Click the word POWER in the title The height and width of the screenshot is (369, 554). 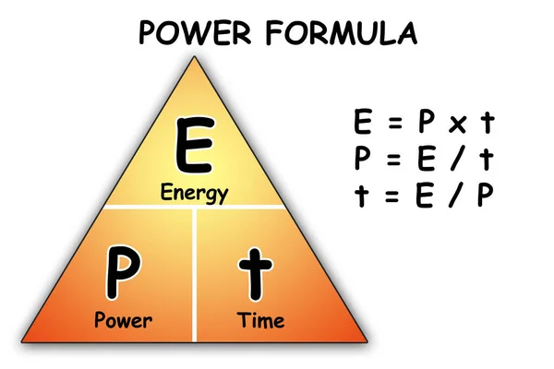pos(196,33)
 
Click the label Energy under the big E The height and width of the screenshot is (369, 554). pos(194,194)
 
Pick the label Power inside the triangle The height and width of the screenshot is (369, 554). pos(123,322)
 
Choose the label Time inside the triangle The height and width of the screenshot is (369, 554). pos(260,322)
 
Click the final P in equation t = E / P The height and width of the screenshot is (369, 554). pos(483,196)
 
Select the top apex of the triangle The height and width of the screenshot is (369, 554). pos(195,58)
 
